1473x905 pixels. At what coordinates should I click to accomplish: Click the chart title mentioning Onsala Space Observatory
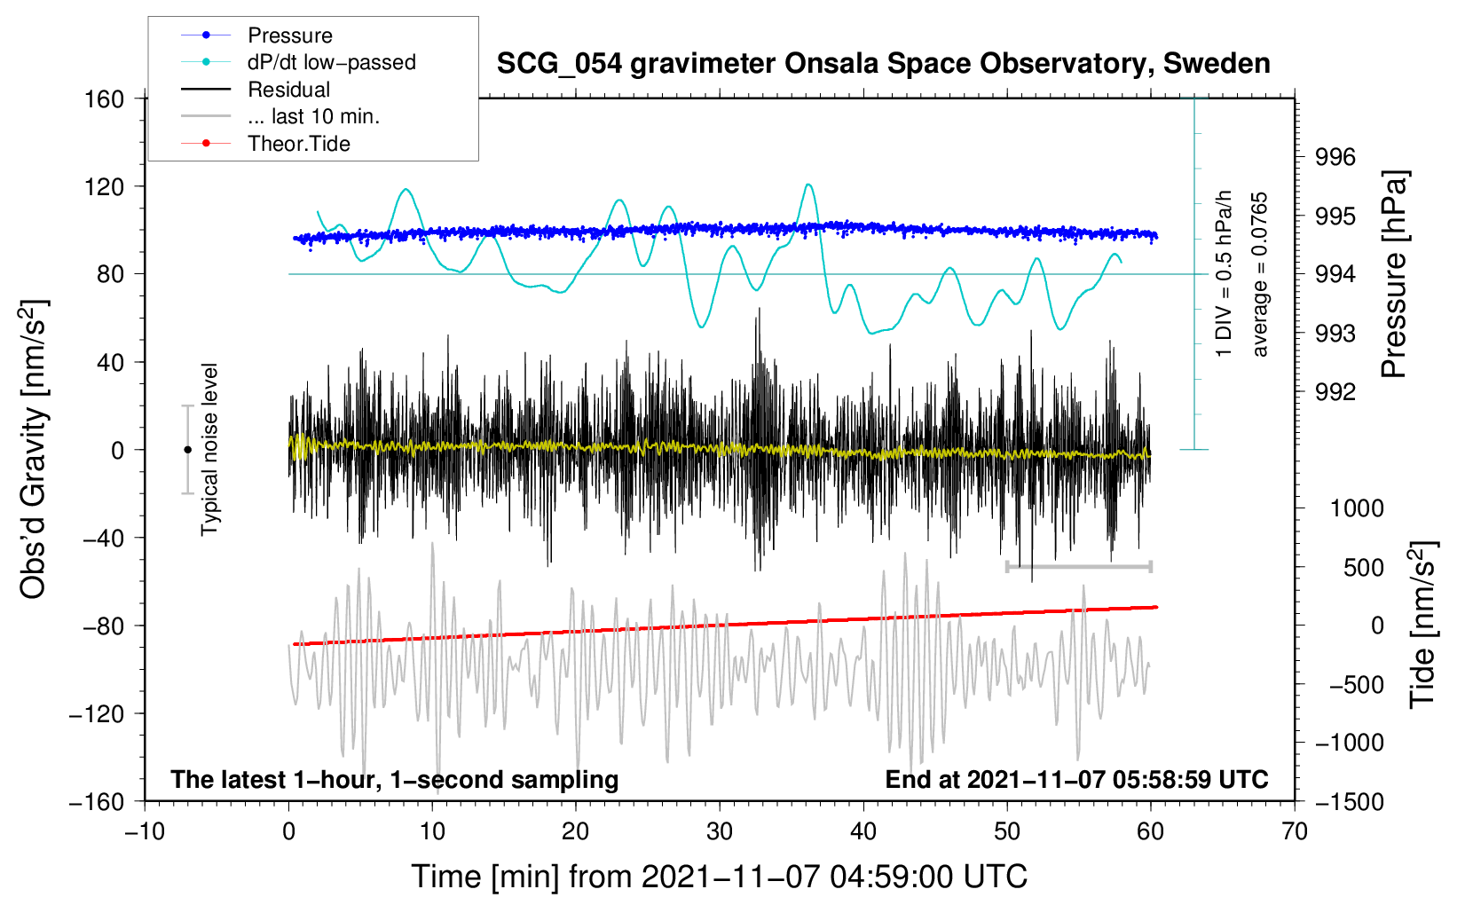point(883,64)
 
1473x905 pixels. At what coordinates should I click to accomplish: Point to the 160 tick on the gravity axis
point(105,99)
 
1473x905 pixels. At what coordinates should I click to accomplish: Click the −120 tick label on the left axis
point(98,713)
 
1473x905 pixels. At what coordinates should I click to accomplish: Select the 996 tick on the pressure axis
point(1335,157)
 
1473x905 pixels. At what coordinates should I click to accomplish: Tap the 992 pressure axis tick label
point(1335,393)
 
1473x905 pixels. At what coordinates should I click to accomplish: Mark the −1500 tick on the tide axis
point(1350,802)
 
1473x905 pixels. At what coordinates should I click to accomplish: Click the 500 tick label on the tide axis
point(1364,568)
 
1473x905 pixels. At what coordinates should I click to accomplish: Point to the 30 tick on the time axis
point(720,832)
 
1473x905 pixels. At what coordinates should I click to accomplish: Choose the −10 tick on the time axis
point(146,832)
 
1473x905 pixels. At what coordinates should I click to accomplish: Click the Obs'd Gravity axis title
point(34,449)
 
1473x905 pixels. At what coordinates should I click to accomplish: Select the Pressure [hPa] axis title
point(1393,274)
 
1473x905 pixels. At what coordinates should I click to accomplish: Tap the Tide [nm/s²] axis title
point(1422,625)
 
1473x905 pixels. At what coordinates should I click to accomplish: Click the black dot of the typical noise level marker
point(187,450)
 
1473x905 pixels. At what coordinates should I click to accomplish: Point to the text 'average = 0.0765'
point(1259,274)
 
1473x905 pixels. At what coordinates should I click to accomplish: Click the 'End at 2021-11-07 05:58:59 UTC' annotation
point(1076,779)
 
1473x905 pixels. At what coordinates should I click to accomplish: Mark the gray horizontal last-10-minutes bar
point(1078,566)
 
